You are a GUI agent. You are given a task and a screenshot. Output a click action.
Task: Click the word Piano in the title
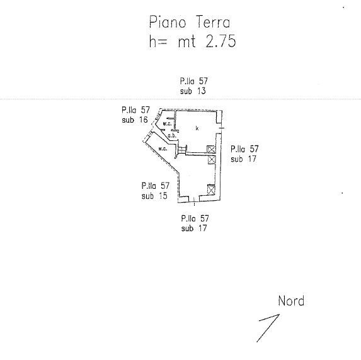coord(168,22)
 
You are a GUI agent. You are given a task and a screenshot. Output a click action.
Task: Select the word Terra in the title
coord(213,22)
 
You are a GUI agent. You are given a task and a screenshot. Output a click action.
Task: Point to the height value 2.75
coord(221,41)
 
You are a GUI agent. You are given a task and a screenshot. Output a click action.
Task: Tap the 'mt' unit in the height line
coord(186,42)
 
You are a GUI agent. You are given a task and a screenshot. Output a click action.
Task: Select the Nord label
coord(291,301)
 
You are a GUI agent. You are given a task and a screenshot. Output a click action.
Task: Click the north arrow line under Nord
coord(268,328)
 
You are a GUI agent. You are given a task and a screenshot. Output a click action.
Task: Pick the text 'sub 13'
coord(193,91)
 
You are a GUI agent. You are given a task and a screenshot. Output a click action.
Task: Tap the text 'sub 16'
coord(135,120)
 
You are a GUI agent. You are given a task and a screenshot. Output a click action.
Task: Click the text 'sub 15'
coord(154,196)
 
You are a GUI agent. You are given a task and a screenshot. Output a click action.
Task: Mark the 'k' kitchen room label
coord(197,128)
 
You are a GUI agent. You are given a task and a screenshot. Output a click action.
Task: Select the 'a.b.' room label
coord(172,136)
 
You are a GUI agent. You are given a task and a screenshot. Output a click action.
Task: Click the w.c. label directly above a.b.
coord(168,124)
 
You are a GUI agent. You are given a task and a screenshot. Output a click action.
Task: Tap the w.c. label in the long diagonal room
coord(163,149)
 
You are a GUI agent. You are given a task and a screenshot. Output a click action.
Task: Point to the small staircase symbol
coord(183,149)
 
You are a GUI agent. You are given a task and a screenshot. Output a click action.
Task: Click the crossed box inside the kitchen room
coord(211,149)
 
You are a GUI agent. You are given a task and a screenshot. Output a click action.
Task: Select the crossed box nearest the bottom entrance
coord(211,189)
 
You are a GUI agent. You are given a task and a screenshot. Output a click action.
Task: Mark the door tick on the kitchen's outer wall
coord(222,128)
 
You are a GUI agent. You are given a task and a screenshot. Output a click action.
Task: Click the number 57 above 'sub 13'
coord(203,81)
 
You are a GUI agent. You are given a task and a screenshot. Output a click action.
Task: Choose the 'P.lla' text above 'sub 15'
coord(149,186)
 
